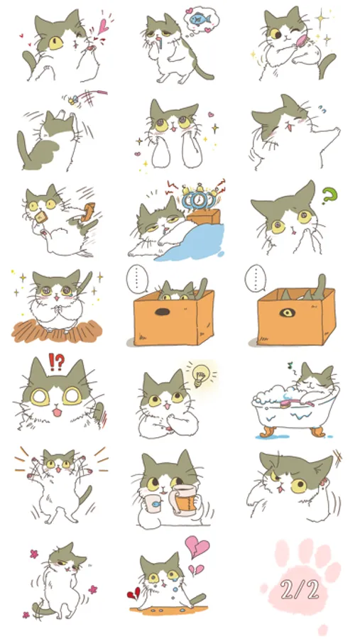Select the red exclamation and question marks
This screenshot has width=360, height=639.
click(57, 361)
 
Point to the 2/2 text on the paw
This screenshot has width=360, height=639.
click(299, 589)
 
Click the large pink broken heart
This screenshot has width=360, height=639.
click(197, 547)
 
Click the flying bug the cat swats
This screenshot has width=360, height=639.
click(73, 99)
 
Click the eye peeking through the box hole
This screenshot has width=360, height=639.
click(288, 312)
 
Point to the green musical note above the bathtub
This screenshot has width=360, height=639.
click(290, 365)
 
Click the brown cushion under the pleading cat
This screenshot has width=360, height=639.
click(57, 332)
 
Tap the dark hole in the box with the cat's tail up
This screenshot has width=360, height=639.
click(163, 312)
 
